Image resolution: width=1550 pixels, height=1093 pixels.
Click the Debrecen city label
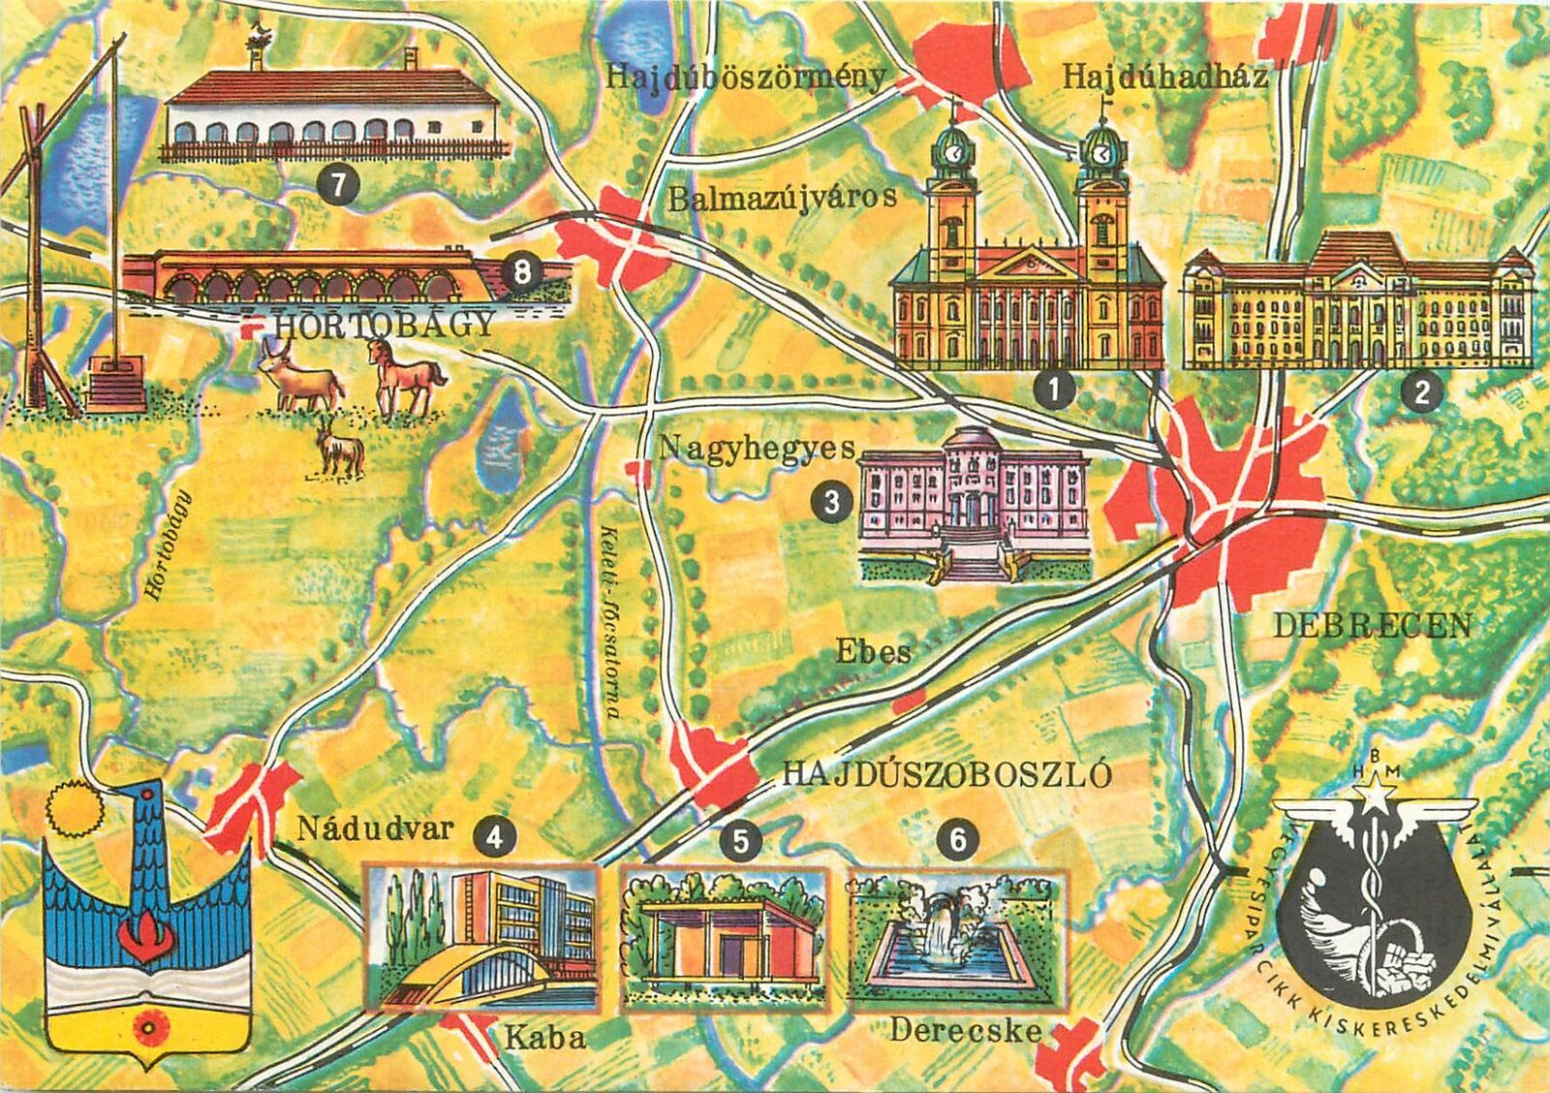tap(1371, 626)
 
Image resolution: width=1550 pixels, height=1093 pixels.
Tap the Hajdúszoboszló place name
tap(945, 774)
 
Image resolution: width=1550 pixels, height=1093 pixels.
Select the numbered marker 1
tap(1054, 390)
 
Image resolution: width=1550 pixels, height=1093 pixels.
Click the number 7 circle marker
tap(337, 186)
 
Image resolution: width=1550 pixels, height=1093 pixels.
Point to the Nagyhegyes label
tap(757, 449)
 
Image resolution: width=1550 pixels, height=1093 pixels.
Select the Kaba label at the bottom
tap(545, 1039)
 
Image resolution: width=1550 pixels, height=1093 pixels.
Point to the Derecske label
tap(964, 1030)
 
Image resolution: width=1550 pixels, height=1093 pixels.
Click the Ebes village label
tap(874, 652)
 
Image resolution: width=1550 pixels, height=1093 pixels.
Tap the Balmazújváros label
tap(782, 198)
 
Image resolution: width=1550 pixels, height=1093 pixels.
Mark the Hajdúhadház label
tap(1163, 78)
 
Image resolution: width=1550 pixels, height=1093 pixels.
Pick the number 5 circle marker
tap(741, 840)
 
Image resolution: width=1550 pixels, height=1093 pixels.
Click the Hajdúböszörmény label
tap(745, 78)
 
